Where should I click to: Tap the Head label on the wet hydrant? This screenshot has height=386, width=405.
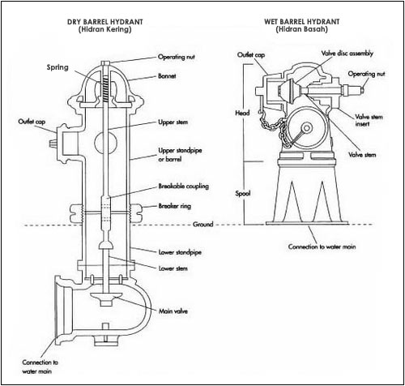(x=241, y=114)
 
